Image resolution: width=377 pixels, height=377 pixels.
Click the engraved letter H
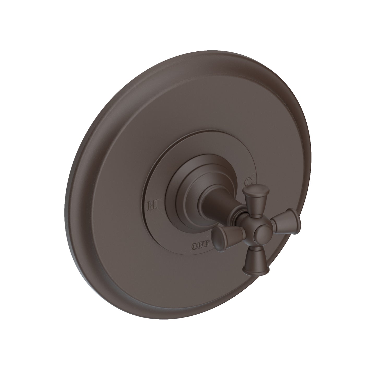tap(152, 205)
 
